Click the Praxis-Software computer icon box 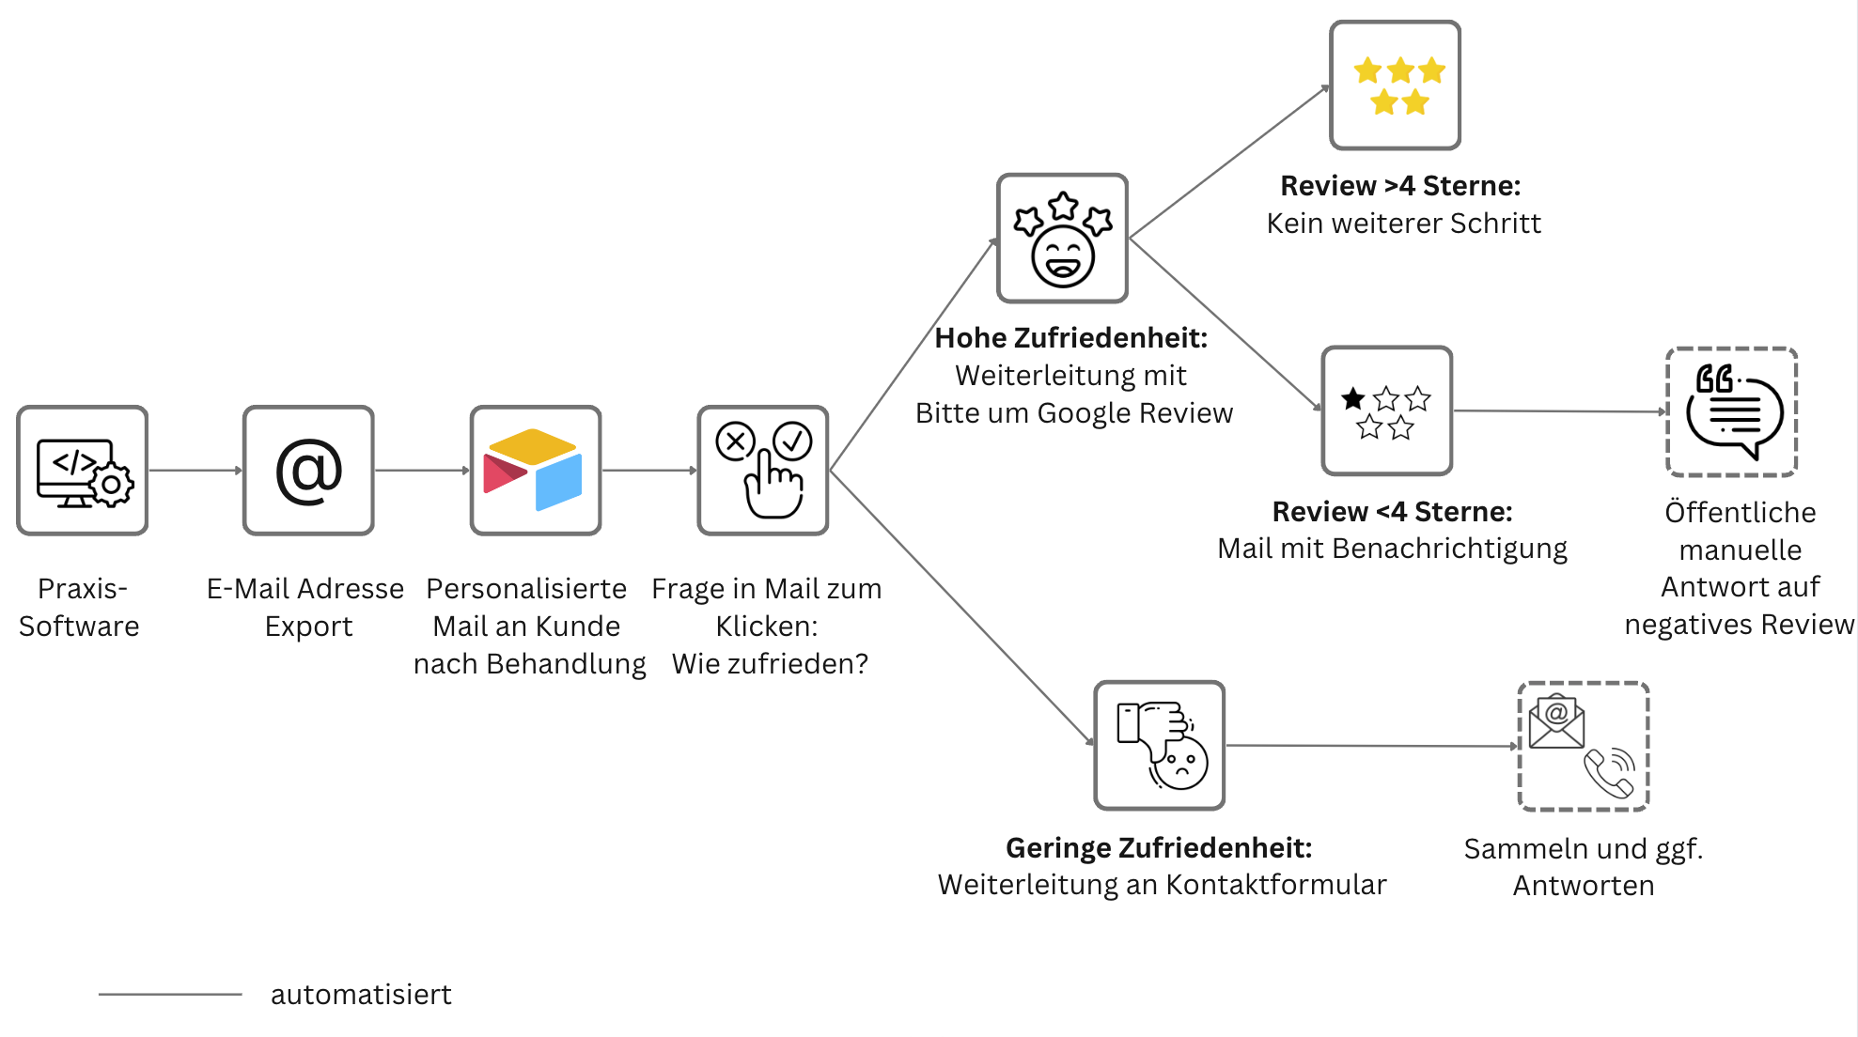click(83, 471)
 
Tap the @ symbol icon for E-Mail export click(308, 471)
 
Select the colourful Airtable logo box click(536, 471)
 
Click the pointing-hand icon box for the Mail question click(763, 471)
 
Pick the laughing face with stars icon click(1062, 239)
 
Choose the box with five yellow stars click(1396, 85)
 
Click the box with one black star click(1387, 411)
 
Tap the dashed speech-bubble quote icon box click(1732, 412)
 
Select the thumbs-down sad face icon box click(1160, 746)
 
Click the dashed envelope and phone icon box click(1584, 747)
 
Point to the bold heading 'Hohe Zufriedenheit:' click(1070, 338)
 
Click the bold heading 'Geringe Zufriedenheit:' click(1159, 848)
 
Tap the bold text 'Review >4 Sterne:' click(1400, 186)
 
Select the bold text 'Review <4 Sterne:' click(1392, 512)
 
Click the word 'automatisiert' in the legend click(361, 995)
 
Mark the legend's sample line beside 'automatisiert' click(170, 994)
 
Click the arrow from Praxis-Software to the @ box click(195, 470)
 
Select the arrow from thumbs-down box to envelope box click(1372, 746)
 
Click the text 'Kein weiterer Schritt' click(1403, 224)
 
